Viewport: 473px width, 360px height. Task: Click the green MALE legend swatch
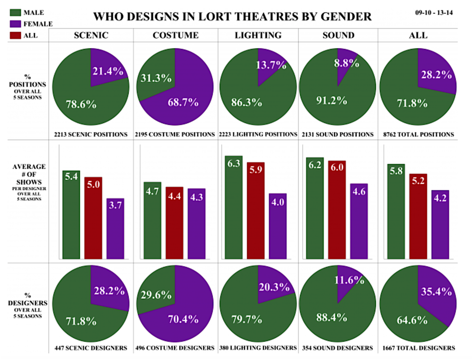pyautogui.click(x=14, y=11)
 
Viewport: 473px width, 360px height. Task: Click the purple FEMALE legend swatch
pyautogui.click(x=14, y=23)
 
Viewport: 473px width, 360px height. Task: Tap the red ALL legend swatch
pyautogui.click(x=14, y=35)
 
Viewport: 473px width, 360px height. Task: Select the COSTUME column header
pyautogui.click(x=175, y=35)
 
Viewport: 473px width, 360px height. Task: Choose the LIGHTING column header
pyautogui.click(x=258, y=35)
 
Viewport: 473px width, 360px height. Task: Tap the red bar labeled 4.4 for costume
pyautogui.click(x=175, y=223)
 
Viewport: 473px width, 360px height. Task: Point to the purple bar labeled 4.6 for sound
pyautogui.click(x=359, y=221)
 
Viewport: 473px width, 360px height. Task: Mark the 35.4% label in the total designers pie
pyautogui.click(x=435, y=291)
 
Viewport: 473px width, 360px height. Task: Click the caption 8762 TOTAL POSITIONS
pyautogui.click(x=419, y=134)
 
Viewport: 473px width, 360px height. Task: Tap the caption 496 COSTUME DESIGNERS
pyautogui.click(x=175, y=348)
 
